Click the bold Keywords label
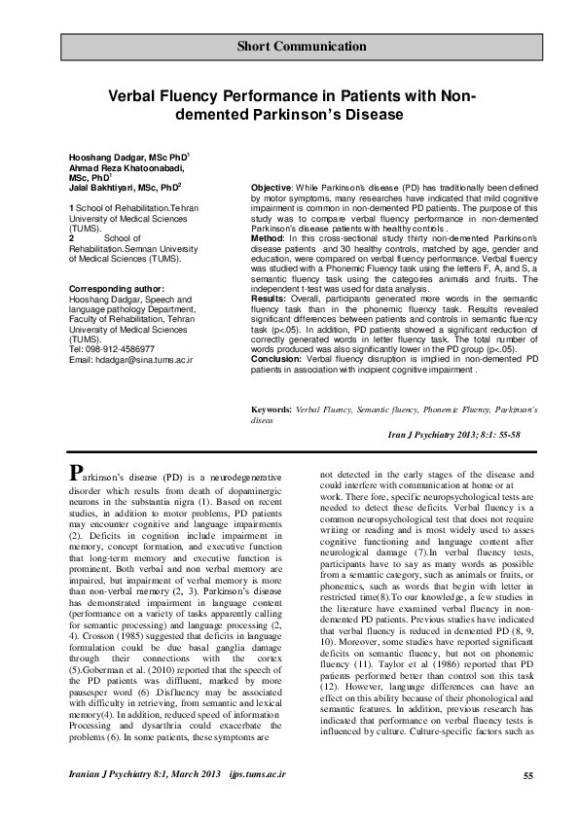(272, 439)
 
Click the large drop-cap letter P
(75, 474)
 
